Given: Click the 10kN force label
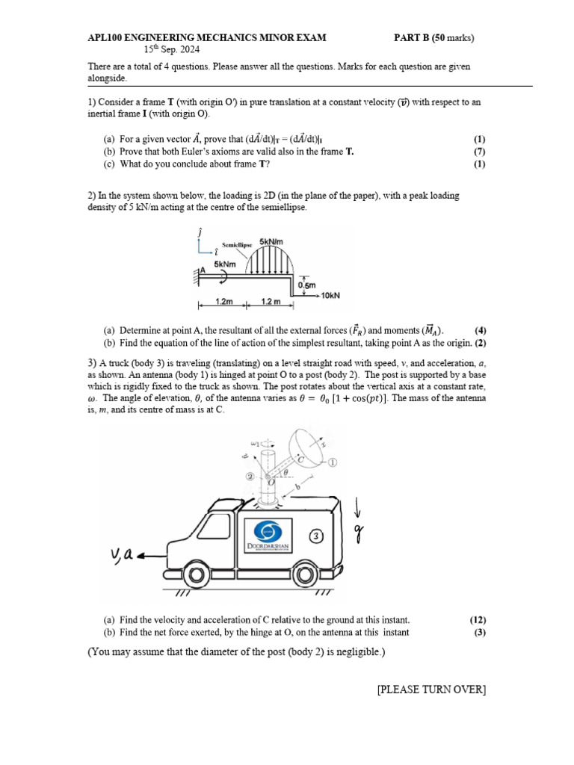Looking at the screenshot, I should tap(330, 296).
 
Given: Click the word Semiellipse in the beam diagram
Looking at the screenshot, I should tap(236, 245).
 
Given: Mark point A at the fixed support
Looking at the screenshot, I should tap(202, 270).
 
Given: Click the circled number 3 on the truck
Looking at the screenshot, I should tap(317, 536).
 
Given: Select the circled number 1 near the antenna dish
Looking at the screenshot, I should tap(332, 462).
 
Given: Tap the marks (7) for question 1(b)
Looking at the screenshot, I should tap(479, 152).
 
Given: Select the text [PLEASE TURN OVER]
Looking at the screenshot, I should tap(431, 690).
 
